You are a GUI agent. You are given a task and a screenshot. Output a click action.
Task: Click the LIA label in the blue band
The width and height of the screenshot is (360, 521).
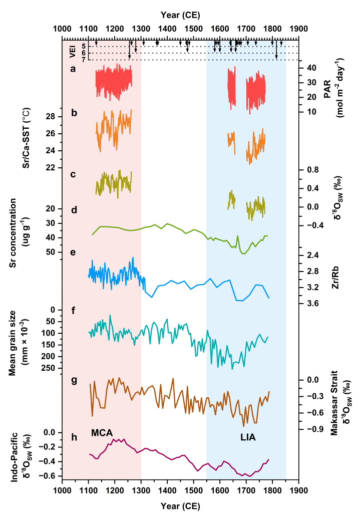point(247,437)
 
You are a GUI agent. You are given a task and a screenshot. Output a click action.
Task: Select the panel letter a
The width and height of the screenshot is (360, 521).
point(73,69)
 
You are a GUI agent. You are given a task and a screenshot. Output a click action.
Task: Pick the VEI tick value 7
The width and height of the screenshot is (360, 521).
point(84,60)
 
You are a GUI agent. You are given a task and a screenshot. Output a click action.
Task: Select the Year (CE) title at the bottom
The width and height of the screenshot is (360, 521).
point(180,506)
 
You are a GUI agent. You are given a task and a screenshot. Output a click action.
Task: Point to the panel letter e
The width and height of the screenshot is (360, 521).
point(73,252)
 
